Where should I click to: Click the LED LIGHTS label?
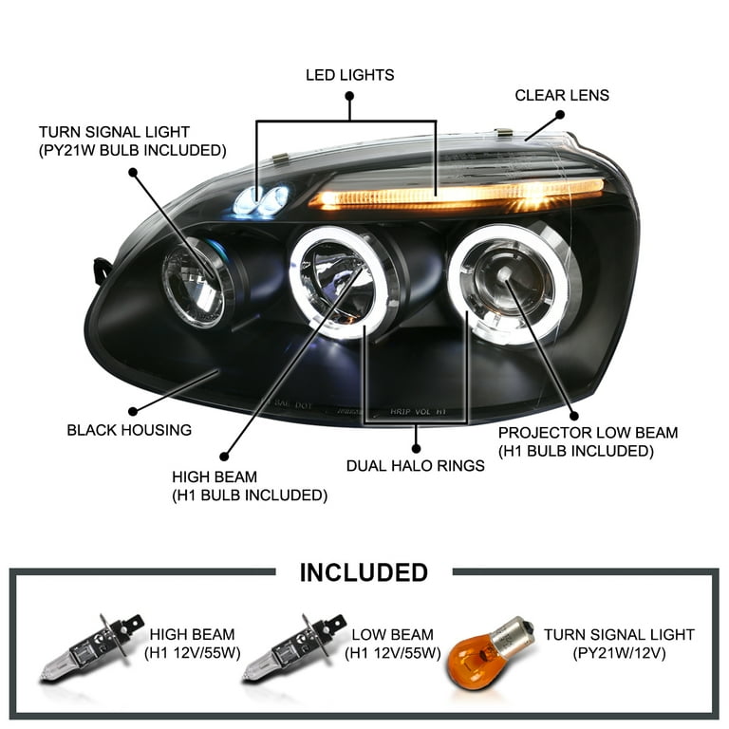click(x=349, y=74)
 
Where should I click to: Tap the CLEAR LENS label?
click(x=562, y=95)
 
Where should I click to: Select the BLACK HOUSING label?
click(x=129, y=430)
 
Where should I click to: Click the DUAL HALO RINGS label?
click(x=417, y=465)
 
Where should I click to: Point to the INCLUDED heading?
click(x=364, y=572)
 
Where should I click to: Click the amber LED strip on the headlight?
click(x=456, y=194)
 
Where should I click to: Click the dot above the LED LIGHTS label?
click(x=349, y=96)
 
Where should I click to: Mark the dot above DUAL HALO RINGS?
click(x=417, y=445)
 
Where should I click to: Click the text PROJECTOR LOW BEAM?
click(x=589, y=433)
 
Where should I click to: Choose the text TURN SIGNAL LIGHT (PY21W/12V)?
click(x=619, y=644)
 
